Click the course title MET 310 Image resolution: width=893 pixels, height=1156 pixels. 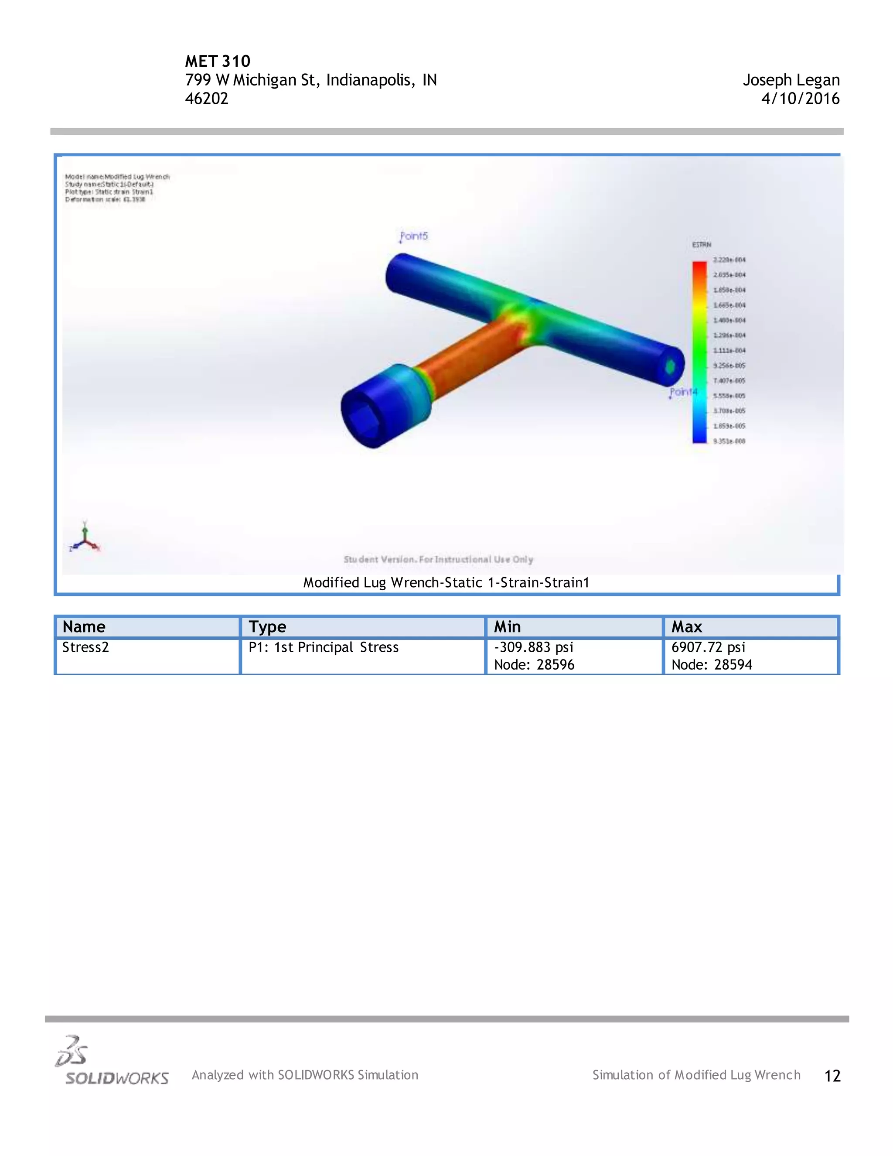tap(218, 62)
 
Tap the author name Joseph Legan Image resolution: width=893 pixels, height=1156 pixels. tap(791, 80)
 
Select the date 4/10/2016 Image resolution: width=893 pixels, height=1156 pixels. tap(800, 99)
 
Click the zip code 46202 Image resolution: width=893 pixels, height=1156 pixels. tap(206, 99)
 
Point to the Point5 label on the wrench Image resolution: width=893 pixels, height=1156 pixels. tap(414, 236)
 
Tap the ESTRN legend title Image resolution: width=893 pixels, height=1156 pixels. tap(702, 245)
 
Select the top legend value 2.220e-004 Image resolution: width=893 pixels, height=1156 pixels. tap(729, 260)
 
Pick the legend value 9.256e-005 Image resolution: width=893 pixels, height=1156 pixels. tap(729, 366)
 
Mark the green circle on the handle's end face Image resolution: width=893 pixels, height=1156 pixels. tap(670, 366)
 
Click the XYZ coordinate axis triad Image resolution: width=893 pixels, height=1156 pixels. tap(84, 539)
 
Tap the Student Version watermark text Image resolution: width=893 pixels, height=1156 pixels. tap(438, 560)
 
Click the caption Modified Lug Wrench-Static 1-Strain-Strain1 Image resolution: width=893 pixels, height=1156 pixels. tap(446, 583)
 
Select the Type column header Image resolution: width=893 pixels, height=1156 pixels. tap(267, 627)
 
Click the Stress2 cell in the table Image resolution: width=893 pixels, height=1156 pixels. tap(86, 647)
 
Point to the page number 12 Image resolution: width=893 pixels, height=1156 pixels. tap(832, 1076)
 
